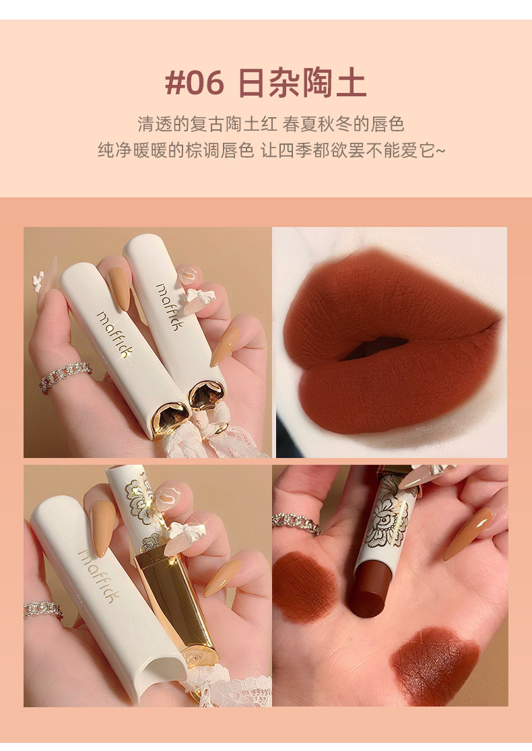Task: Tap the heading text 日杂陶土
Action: (x=302, y=84)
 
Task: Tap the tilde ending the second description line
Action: (x=440, y=151)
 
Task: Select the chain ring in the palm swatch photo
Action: (x=296, y=523)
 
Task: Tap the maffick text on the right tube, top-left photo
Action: (x=170, y=306)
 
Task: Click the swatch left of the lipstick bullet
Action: (x=304, y=586)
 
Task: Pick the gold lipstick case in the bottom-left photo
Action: (x=177, y=608)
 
